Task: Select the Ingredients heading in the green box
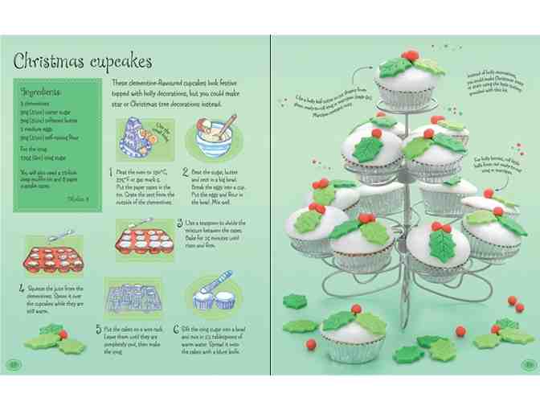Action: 42,91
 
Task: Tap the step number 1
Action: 111,171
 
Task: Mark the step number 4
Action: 21,285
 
